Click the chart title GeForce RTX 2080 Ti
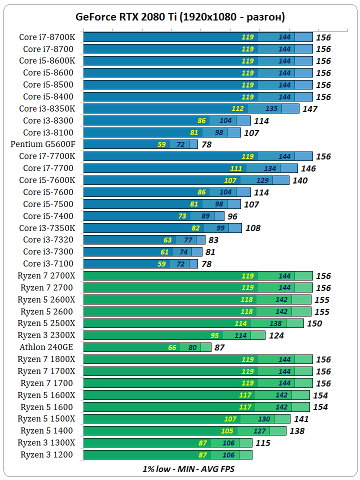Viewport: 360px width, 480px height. click(180, 16)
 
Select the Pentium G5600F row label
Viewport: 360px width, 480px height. click(46, 144)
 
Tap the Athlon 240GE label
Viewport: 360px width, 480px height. click(47, 347)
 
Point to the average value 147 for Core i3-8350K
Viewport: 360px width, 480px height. click(310, 108)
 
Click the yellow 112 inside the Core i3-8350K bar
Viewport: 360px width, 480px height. click(237, 108)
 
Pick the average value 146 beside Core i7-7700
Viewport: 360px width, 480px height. click(308, 168)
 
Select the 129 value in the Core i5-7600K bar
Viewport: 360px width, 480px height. click(262, 180)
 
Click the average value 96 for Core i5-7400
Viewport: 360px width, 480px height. click(232, 216)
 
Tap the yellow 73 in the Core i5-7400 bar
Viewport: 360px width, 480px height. click(182, 216)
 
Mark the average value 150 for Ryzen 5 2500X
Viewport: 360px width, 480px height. click(314, 323)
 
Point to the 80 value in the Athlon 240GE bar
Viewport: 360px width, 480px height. click(192, 347)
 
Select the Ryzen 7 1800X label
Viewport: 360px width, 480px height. click(46, 359)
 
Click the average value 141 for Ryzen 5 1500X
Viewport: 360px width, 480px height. click(301, 419)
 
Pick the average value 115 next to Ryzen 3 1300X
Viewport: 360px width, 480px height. click(262, 443)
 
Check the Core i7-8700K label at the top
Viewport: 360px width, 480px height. click(47, 37)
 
